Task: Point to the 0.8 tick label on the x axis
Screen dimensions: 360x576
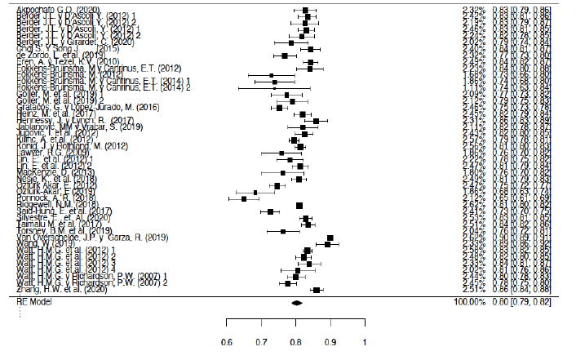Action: pos(295,340)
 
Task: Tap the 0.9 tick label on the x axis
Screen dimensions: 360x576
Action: pos(330,340)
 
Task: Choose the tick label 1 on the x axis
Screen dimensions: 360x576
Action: pos(364,340)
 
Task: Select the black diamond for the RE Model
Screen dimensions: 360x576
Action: pos(296,302)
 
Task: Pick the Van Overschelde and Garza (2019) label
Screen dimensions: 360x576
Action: pos(91,237)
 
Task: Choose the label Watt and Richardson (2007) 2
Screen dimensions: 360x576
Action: pos(92,283)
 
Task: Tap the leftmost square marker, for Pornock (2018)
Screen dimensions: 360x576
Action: pos(243,198)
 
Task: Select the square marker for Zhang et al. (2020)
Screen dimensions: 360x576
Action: pos(317,290)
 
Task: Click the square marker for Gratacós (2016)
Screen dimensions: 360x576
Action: pos(281,107)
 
